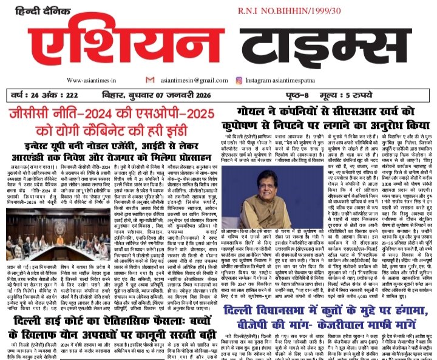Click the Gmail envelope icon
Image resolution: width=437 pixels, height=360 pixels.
click(x=150, y=80)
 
